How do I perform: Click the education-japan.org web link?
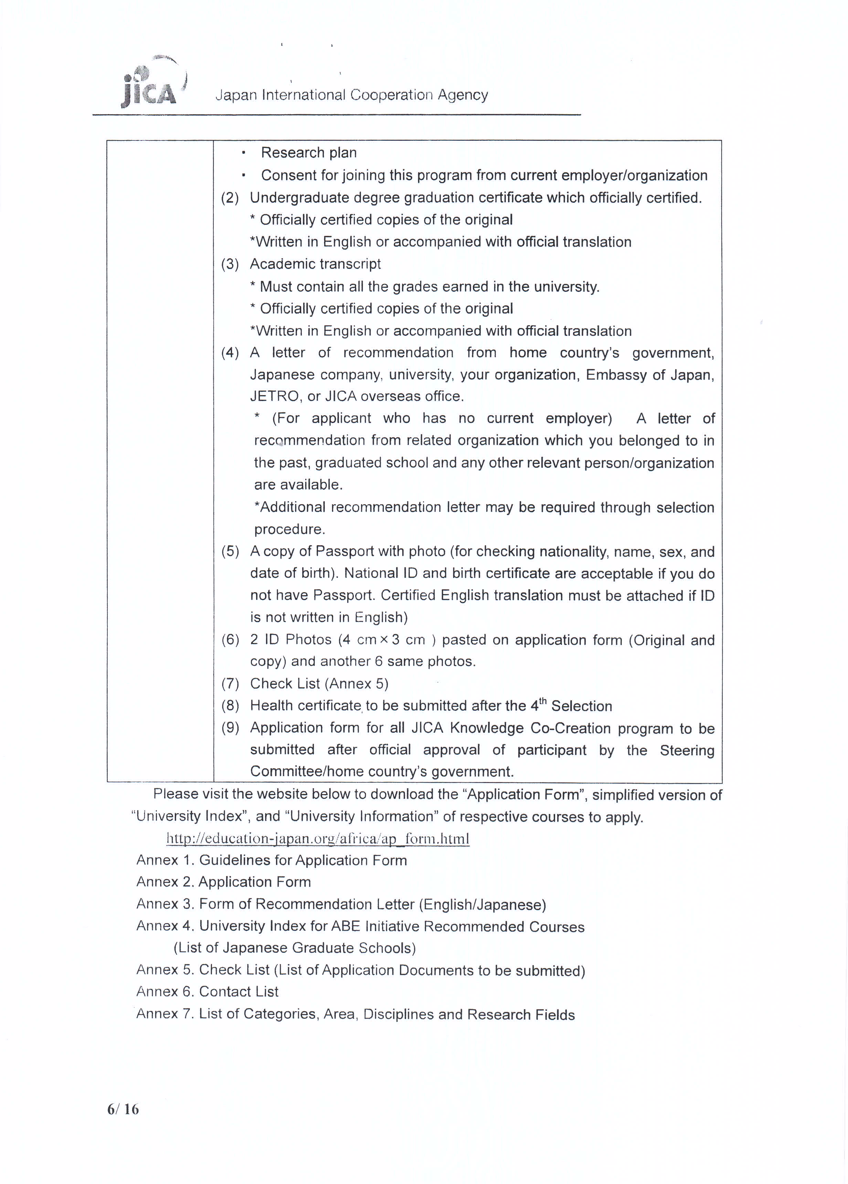(318, 838)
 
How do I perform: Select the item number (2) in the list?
(230, 198)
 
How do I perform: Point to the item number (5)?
(230, 551)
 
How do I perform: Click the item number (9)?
(230, 728)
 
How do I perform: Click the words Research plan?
(308, 152)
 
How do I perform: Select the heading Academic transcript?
(315, 264)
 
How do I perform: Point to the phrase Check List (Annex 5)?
(319, 683)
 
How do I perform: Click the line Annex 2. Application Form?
(223, 882)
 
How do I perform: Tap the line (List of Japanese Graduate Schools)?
(294, 948)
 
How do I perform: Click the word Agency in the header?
(463, 95)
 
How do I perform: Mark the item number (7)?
(230, 683)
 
